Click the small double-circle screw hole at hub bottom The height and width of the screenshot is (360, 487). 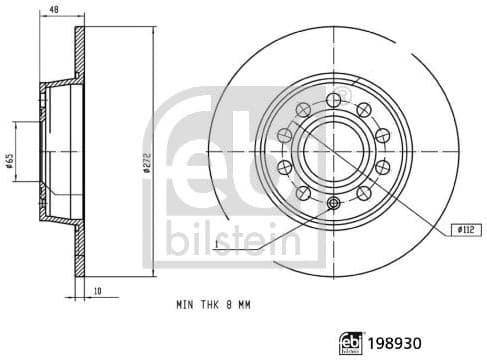pyautogui.click(x=332, y=204)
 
